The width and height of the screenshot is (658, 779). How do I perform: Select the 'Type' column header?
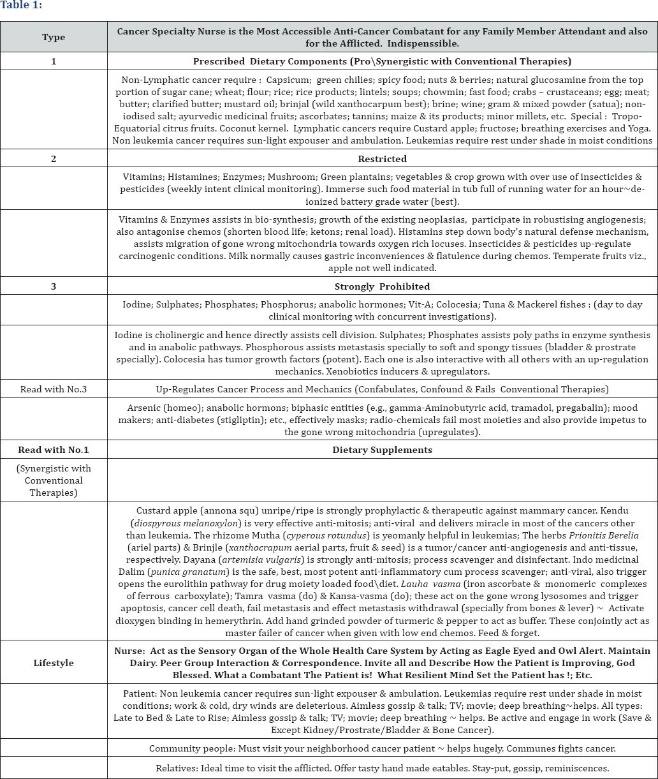54,37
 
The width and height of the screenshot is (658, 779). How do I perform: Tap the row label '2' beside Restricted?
54,159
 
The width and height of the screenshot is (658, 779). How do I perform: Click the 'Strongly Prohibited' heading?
382,286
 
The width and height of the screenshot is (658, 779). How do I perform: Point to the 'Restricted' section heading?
382,159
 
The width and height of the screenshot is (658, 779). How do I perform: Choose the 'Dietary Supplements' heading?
382,450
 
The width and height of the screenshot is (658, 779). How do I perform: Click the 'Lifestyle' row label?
54,663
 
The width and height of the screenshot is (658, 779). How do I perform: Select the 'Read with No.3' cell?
54,389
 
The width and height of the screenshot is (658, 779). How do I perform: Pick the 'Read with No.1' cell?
54,450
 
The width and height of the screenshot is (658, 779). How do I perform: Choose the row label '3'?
54,286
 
